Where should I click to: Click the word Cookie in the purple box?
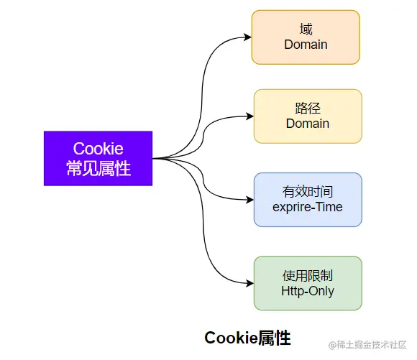pos(98,149)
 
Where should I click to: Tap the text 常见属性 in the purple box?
pos(98,168)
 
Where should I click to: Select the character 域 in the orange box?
pos(306,29)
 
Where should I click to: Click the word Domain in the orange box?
pos(306,45)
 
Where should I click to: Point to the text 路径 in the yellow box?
pos(307,108)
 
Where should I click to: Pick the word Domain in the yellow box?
pos(307,124)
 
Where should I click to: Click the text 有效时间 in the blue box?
pos(308,191)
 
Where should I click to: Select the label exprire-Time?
pos(308,207)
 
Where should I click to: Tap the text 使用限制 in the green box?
pos(308,275)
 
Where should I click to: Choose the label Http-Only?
pos(308,291)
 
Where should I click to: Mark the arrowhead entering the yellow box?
pos(249,116)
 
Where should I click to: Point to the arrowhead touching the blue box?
pos(249,200)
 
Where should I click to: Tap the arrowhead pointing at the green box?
pos(249,283)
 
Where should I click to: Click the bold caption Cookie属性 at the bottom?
pos(247,337)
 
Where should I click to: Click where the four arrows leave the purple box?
pos(155,158)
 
